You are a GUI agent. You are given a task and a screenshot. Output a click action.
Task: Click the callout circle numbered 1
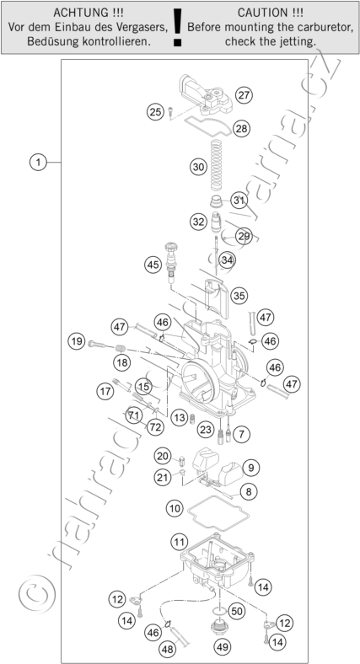(38, 162)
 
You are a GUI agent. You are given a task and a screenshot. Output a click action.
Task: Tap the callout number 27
(244, 95)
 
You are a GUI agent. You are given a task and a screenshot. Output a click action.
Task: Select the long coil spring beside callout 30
(217, 165)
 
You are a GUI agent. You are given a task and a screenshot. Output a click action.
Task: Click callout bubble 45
(153, 265)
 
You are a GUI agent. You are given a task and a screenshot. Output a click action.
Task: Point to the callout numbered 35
(239, 296)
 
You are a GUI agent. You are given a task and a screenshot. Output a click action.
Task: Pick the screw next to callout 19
(97, 345)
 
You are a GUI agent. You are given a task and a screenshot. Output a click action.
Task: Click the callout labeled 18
(122, 362)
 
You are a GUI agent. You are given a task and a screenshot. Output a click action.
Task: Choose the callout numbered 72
(155, 427)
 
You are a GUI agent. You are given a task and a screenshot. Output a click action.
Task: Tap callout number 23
(206, 431)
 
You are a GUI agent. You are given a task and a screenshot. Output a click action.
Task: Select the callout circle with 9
(251, 468)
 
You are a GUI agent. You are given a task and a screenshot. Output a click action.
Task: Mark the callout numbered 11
(179, 542)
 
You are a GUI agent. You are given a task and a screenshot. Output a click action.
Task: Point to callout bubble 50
(237, 611)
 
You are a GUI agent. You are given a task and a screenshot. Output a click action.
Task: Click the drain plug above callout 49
(219, 628)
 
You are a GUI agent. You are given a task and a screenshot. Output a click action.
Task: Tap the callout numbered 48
(168, 648)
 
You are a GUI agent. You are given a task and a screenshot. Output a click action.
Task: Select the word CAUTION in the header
(261, 13)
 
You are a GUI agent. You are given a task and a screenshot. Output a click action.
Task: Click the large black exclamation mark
(177, 27)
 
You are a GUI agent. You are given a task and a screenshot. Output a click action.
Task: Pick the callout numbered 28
(241, 128)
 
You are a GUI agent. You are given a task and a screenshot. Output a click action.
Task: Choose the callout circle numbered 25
(155, 112)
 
